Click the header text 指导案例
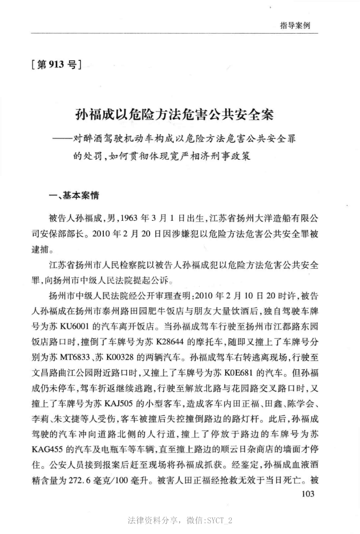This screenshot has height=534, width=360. (x=295, y=25)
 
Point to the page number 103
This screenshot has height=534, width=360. (x=308, y=493)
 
